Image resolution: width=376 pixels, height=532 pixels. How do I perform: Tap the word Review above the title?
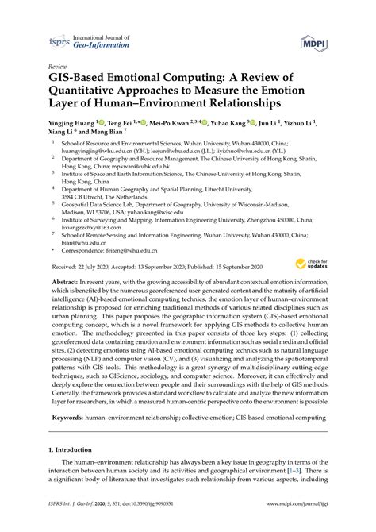[x=58, y=67]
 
